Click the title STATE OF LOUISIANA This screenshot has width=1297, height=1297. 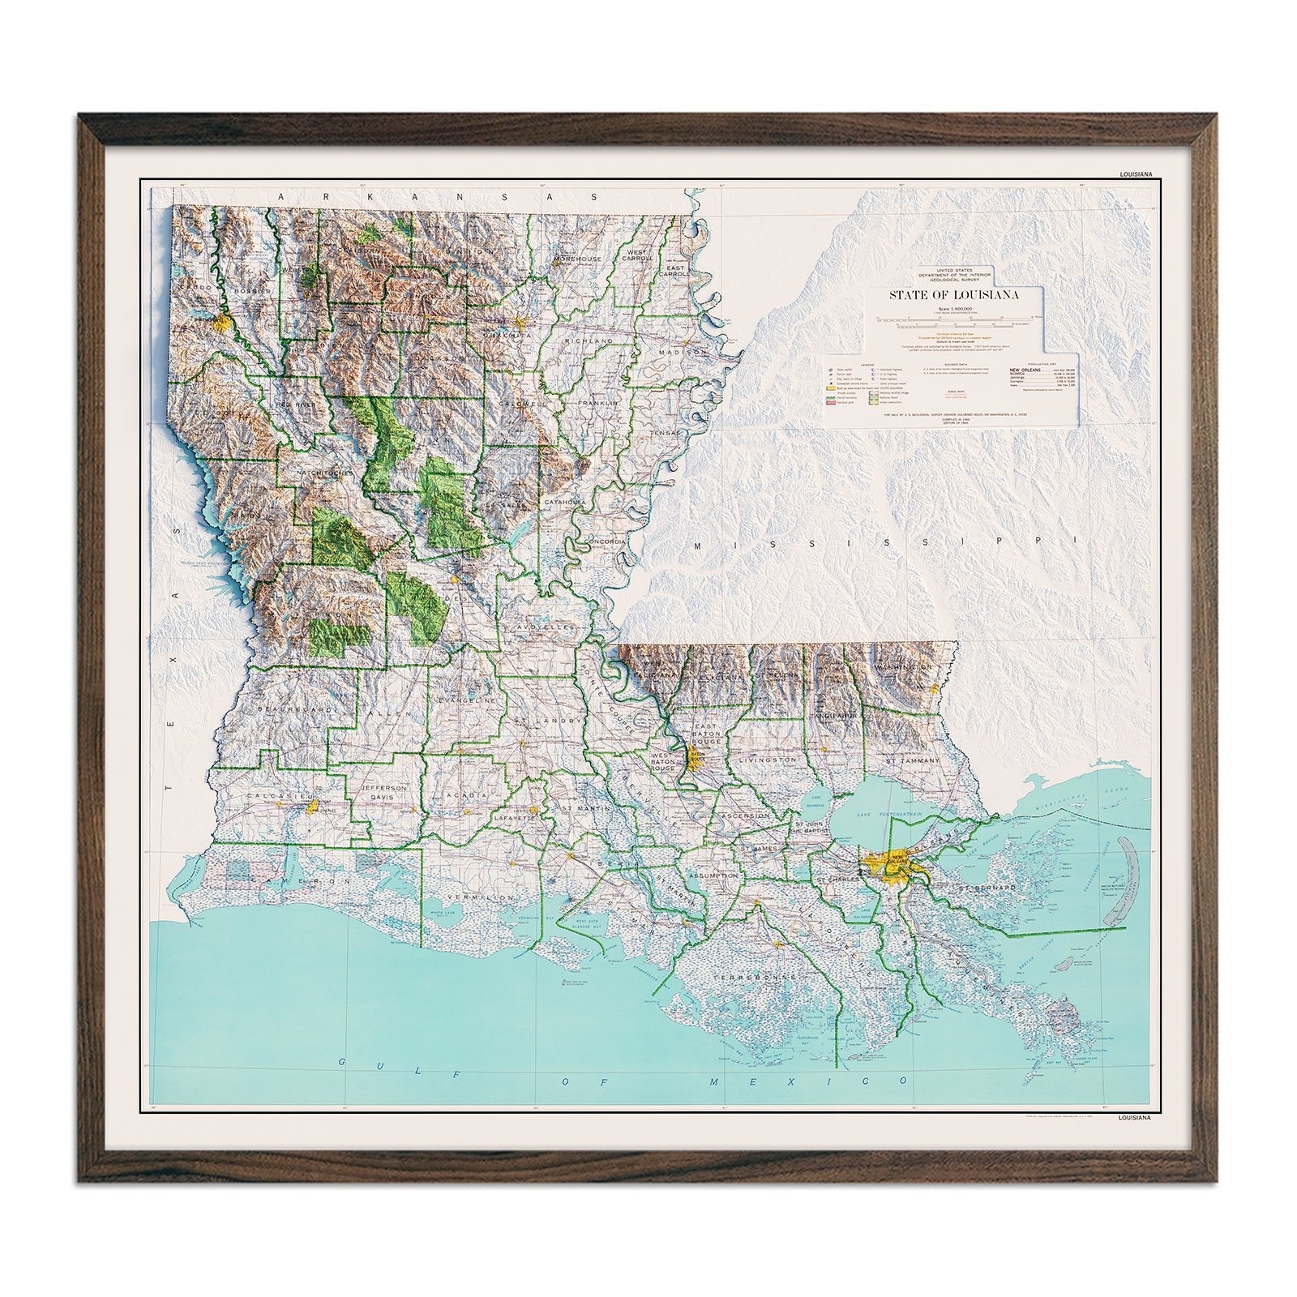point(953,295)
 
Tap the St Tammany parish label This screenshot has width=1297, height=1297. point(912,761)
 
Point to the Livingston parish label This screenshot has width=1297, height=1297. point(768,760)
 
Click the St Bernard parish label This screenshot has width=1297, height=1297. point(987,888)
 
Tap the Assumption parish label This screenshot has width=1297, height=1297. point(714,876)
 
